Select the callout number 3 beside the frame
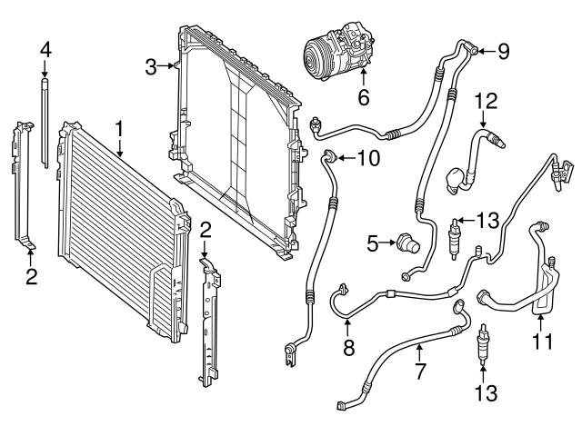coord(152,65)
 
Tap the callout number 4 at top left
coord(45,47)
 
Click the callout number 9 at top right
coord(503,50)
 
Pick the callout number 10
coord(367,159)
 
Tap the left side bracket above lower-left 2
coord(21,186)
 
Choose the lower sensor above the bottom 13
coord(481,347)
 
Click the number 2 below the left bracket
coord(31,276)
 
